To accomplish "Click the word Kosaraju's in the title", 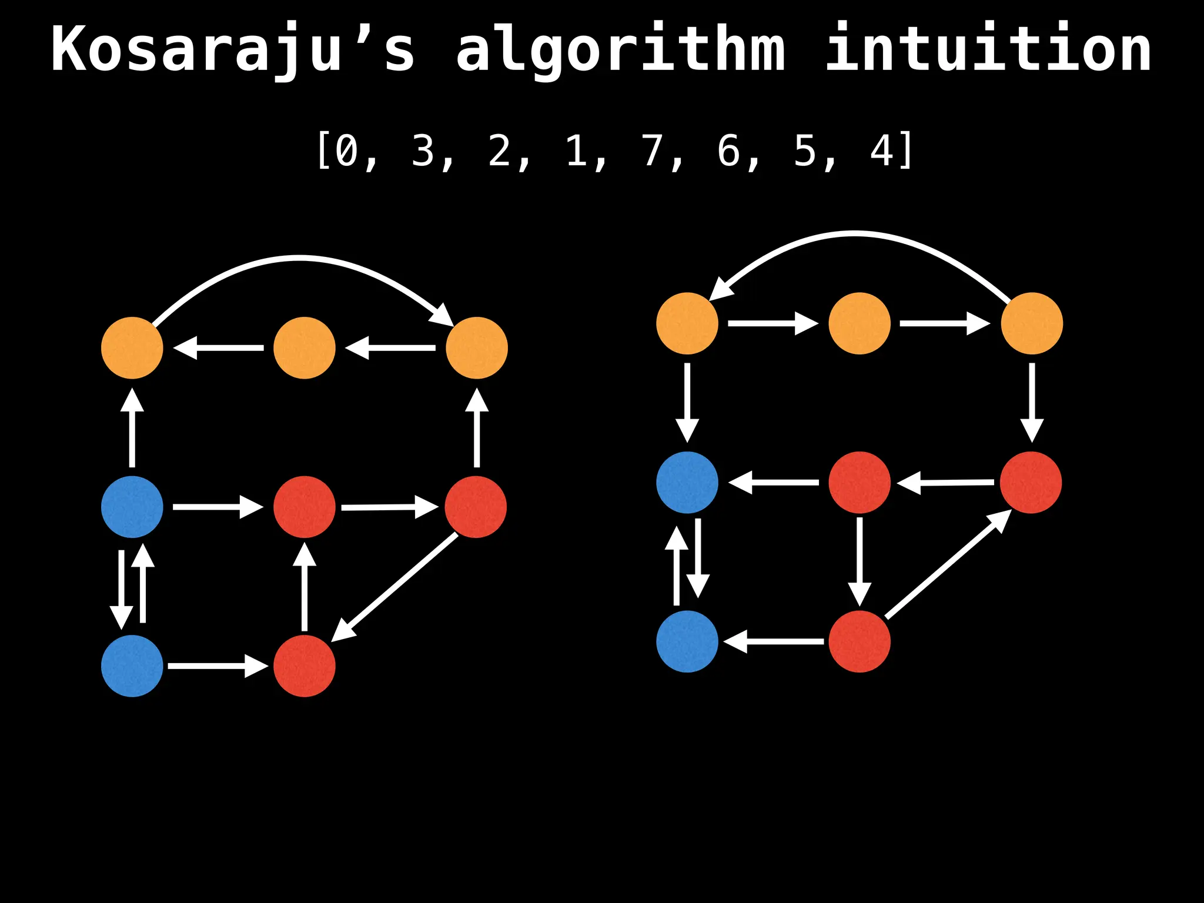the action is tap(233, 50).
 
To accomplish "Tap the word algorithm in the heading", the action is tap(621, 50).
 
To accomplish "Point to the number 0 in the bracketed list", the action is tap(347, 150).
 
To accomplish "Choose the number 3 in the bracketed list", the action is tap(423, 150).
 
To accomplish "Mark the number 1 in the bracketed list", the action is tap(576, 150).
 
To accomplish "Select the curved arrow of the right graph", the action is tap(855, 234).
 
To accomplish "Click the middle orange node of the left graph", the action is tap(305, 348).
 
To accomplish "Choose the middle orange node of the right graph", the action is tap(859, 323).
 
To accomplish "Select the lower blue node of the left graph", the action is tap(132, 666).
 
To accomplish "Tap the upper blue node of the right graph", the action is tap(687, 483).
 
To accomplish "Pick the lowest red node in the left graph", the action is tap(305, 666).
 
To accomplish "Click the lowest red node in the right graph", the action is tap(859, 641).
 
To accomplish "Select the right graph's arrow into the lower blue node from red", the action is tap(774, 641).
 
